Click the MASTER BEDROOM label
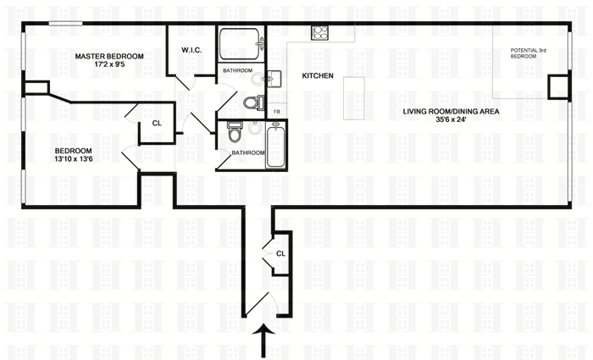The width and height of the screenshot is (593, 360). click(x=108, y=57)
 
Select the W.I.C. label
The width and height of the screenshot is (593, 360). click(x=191, y=50)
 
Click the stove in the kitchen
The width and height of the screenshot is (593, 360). click(x=321, y=33)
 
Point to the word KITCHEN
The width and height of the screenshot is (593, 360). click(x=318, y=76)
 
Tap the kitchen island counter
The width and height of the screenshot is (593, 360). click(x=354, y=97)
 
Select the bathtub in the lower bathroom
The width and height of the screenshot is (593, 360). click(x=276, y=145)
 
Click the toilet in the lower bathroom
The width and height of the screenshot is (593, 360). click(x=234, y=133)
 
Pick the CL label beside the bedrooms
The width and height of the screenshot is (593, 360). click(x=157, y=124)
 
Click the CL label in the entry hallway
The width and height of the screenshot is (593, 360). click(x=280, y=252)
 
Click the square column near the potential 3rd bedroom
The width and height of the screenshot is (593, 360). click(x=559, y=86)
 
